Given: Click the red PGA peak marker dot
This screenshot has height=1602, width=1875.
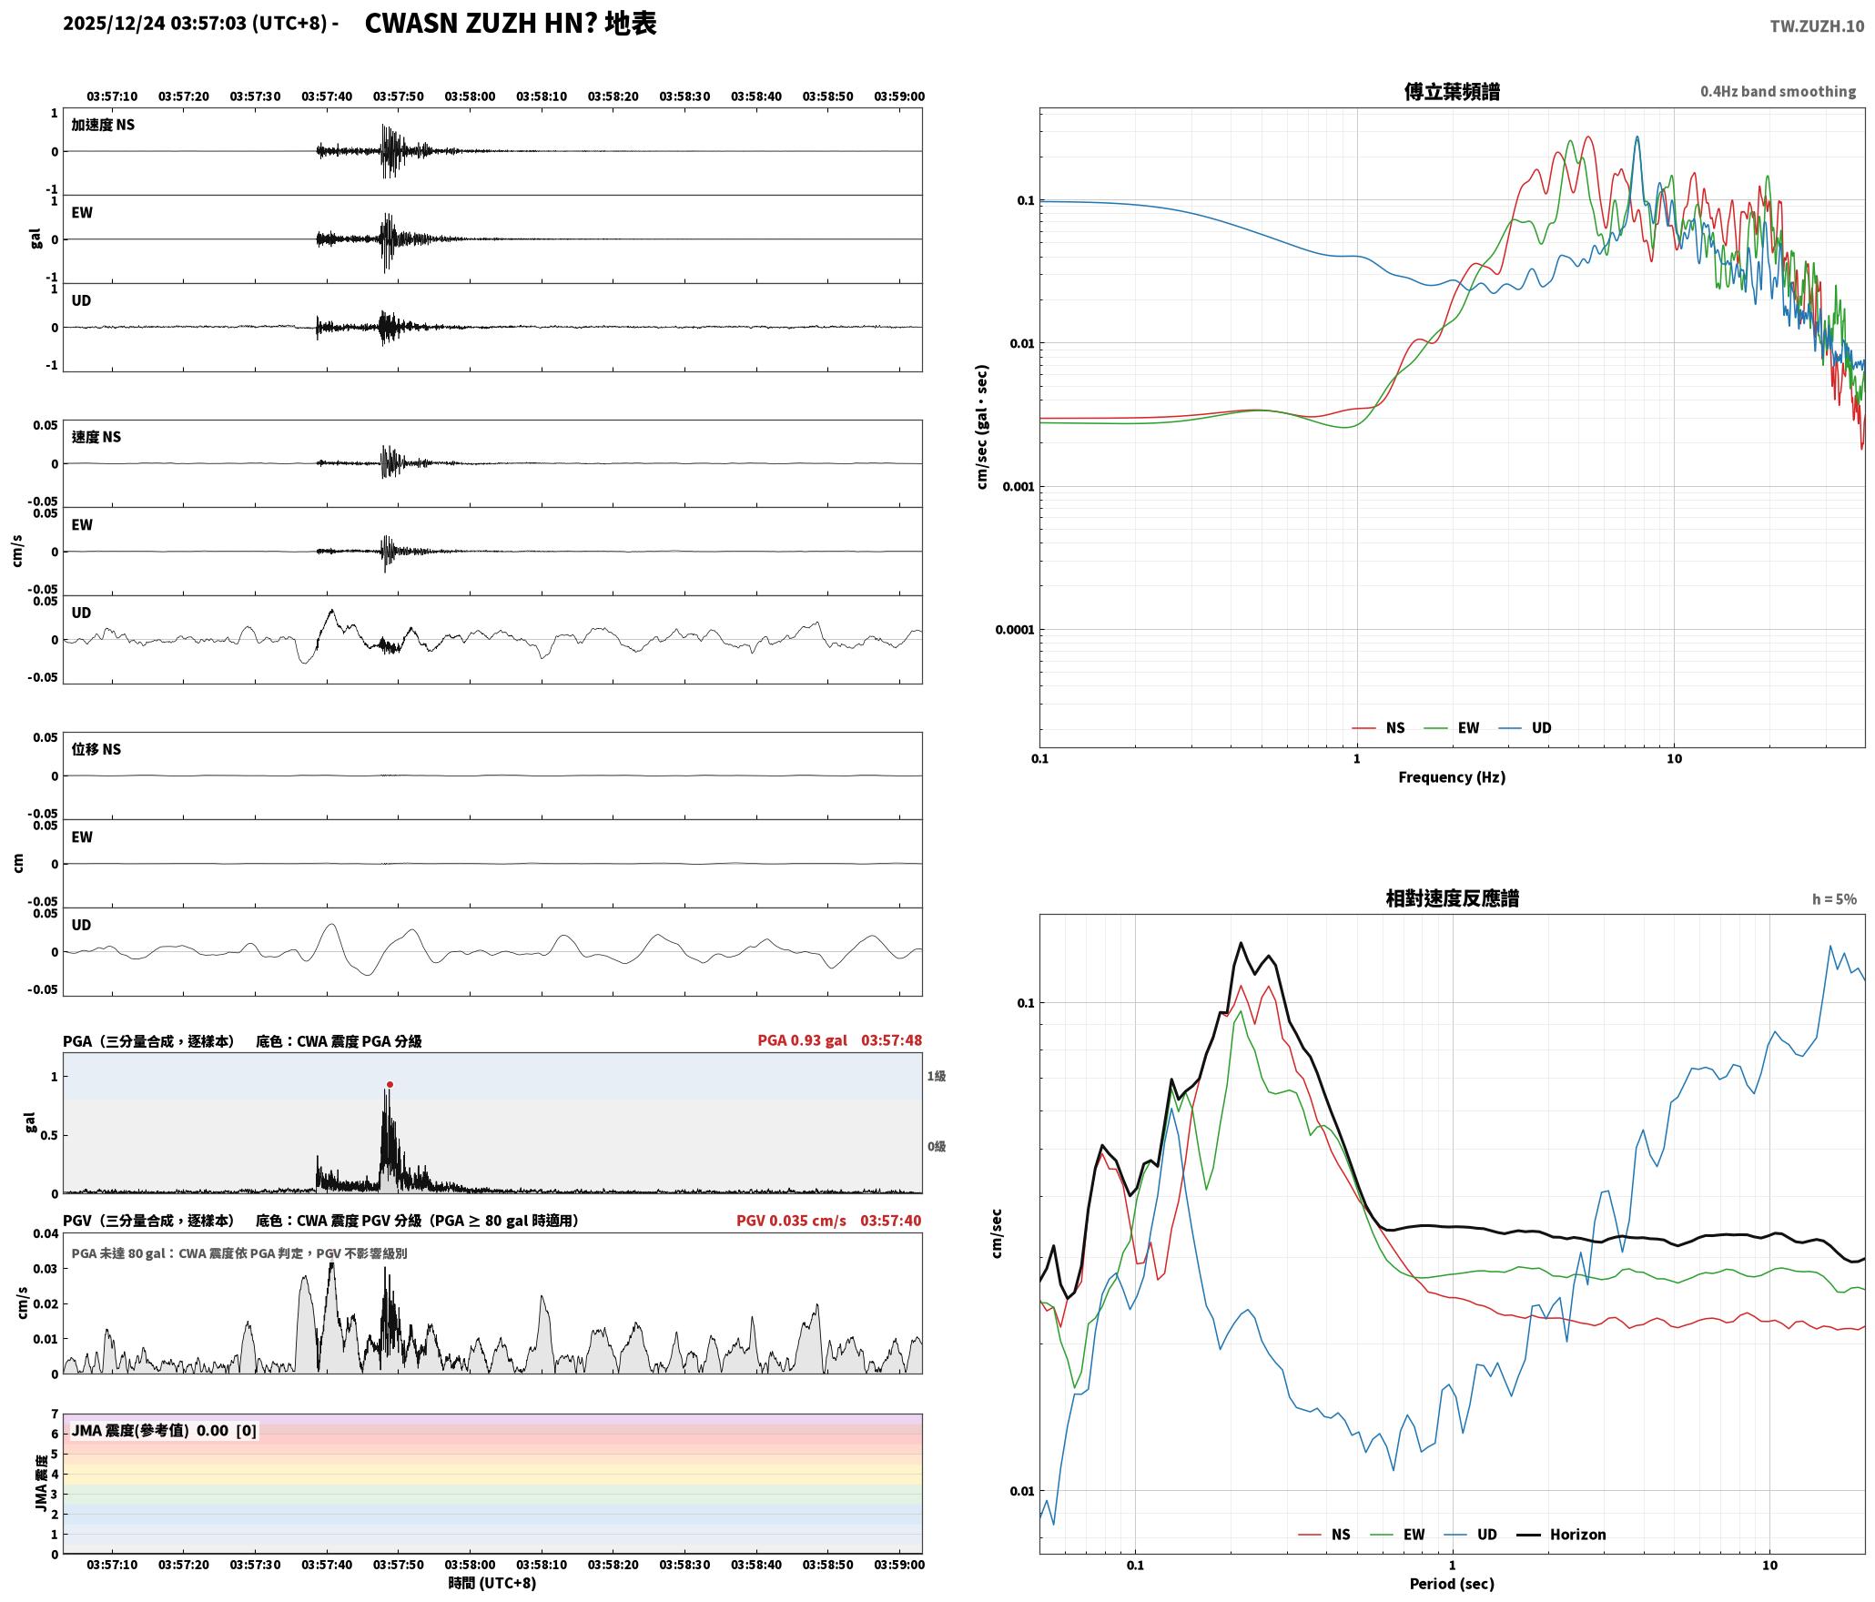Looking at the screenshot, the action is pos(390,1084).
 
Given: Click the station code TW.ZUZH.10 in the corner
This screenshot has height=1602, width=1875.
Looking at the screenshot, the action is pos(1817,26).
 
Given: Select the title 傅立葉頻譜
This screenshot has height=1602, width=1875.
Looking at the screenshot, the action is pos(1452,92).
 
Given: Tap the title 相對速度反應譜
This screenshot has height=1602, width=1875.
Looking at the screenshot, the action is pos(1452,898).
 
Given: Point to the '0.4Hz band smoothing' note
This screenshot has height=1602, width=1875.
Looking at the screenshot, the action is pos(1778,92).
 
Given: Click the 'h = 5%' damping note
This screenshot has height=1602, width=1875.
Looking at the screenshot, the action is pos(1834,899).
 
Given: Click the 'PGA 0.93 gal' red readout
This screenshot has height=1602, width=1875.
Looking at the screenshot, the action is pos(802,1040).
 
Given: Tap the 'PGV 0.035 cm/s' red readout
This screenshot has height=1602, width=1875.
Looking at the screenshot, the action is pos(791,1220).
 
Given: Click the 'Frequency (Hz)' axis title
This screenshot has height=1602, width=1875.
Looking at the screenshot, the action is pos(1452,777).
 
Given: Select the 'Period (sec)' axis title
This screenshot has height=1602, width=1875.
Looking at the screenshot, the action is pos(1452,1584).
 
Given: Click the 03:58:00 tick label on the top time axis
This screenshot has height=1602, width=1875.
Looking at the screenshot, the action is pos(470,96).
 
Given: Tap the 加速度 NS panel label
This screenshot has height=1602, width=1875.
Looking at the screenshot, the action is pos(103,125).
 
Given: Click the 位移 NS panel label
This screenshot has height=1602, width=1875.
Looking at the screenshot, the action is pos(96,749).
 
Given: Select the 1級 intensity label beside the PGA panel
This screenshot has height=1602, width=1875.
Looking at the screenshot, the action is pos(937,1076).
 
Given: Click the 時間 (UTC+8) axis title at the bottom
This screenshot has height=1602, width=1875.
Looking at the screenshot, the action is pos(492,1583).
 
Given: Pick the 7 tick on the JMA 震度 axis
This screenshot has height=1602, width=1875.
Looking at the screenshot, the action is pos(55,1414).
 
